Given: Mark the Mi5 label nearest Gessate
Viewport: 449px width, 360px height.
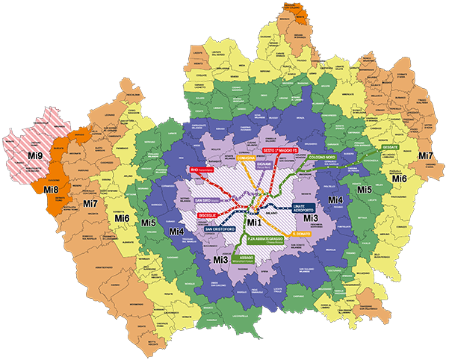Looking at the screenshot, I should (365, 190).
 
